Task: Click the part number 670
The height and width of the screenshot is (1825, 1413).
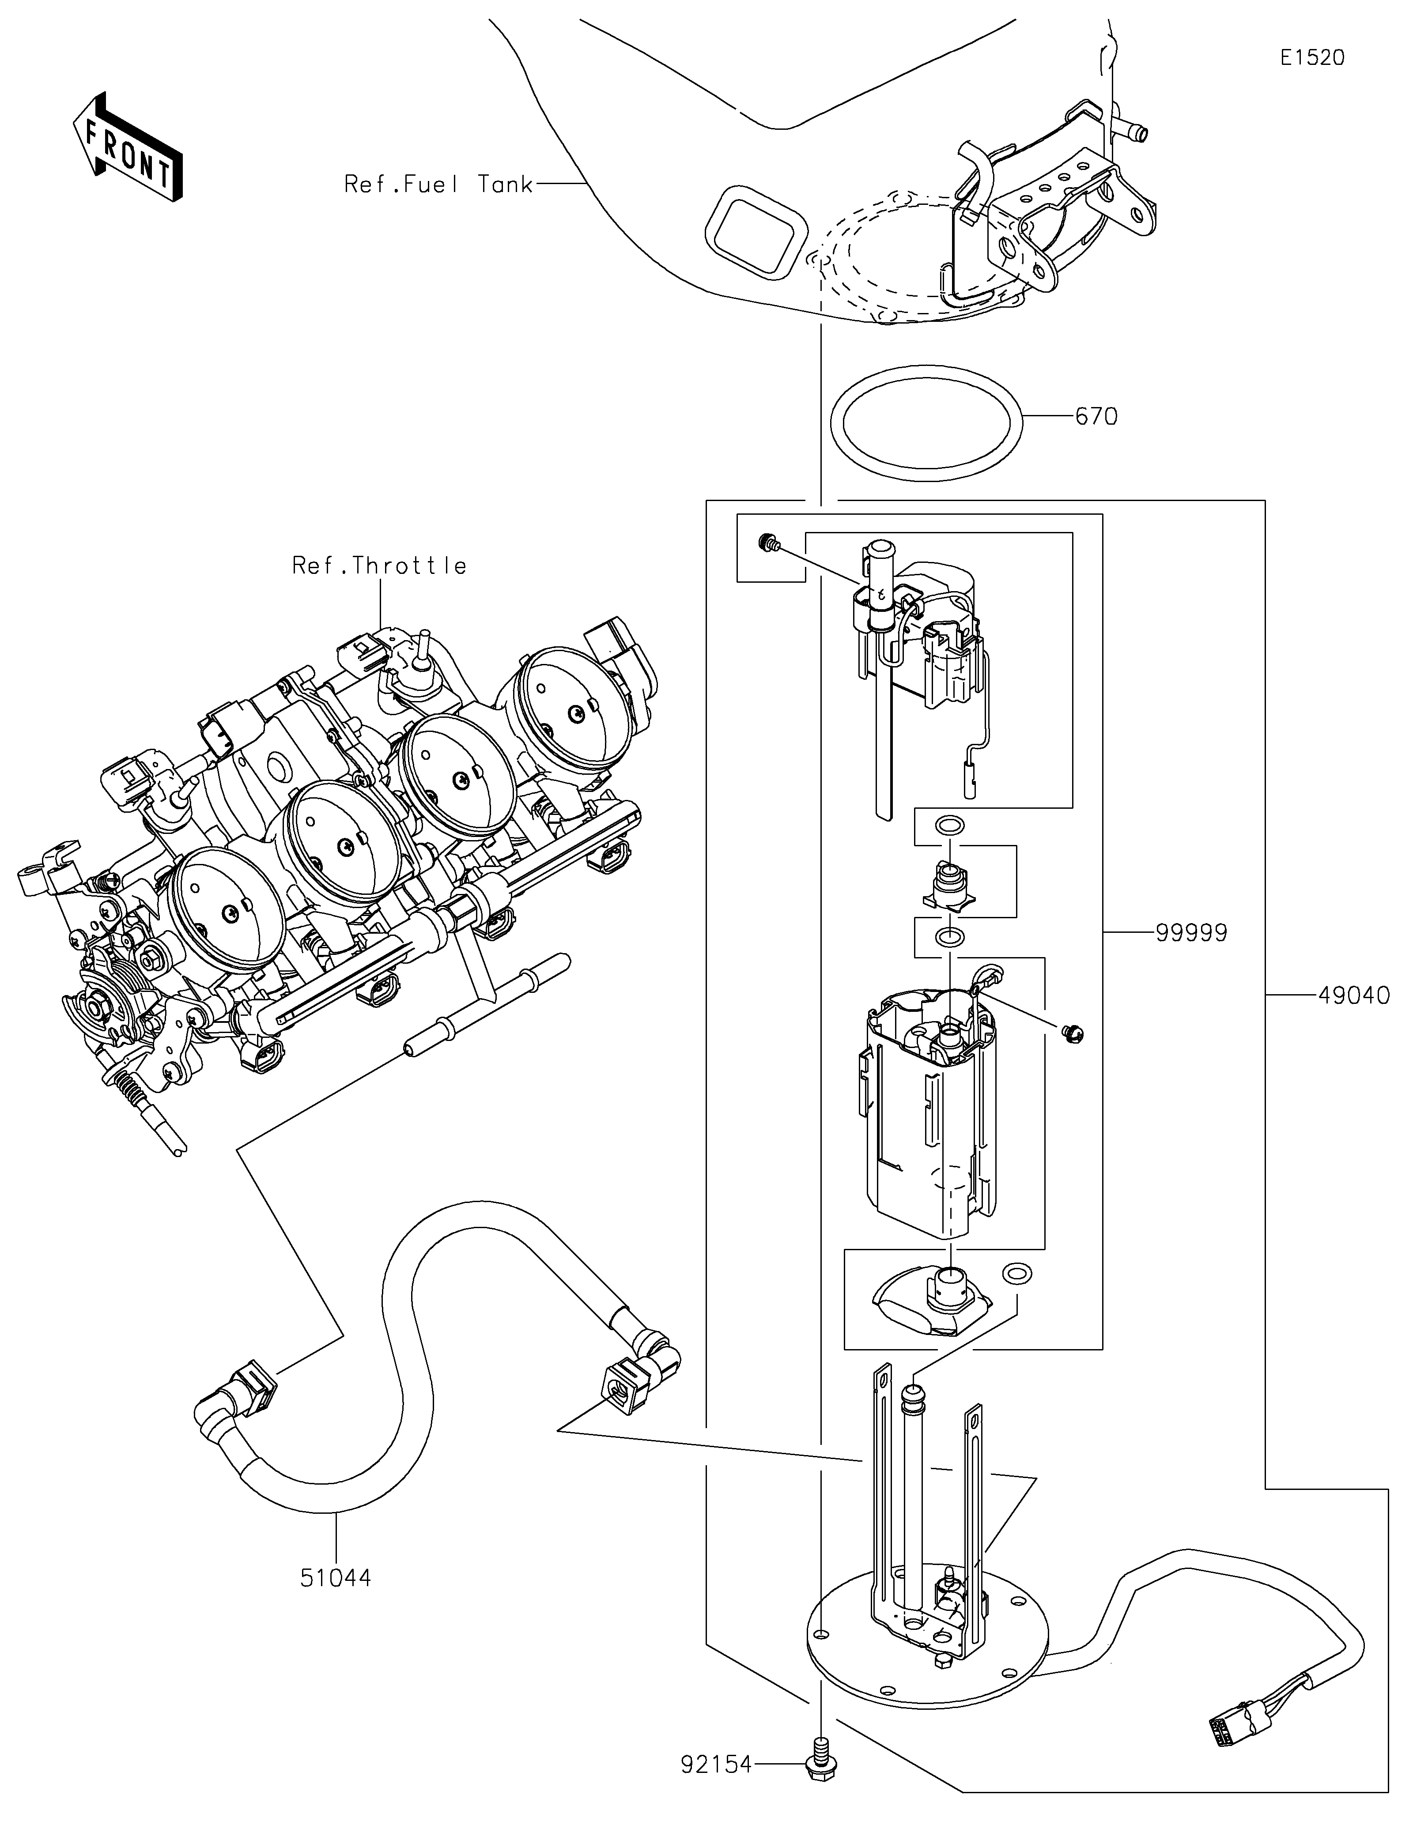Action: (x=1096, y=416)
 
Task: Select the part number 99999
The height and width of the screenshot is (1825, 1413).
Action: (x=1192, y=932)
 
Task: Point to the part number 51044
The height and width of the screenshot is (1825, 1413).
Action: (x=336, y=1578)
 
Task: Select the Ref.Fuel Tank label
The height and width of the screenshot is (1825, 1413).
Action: (x=438, y=184)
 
